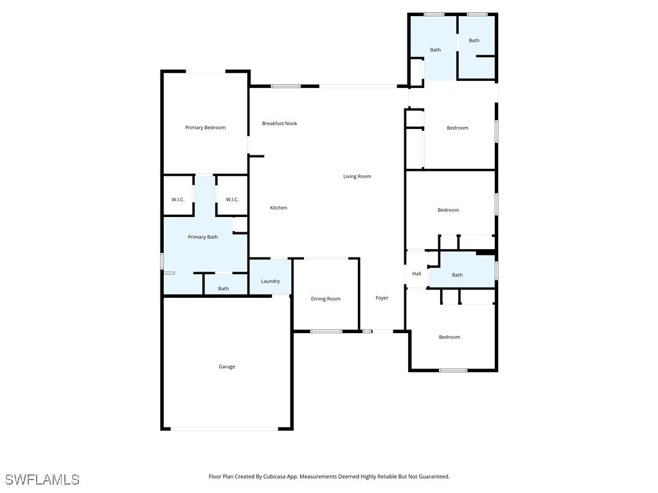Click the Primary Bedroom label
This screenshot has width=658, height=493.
tap(205, 128)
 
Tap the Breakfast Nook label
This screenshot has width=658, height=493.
tap(280, 123)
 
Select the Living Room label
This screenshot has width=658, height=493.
tap(357, 176)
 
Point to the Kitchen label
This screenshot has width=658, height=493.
tap(279, 207)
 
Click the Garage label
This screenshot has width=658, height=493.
tap(227, 367)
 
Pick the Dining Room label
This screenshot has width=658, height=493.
tap(326, 298)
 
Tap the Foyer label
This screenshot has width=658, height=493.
tap(382, 298)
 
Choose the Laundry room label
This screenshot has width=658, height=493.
tap(271, 281)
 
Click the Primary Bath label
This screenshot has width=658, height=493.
tap(202, 237)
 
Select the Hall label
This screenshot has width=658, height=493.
tap(416, 273)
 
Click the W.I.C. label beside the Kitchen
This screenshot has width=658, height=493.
tap(232, 199)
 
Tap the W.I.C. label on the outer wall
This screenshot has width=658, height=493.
tap(178, 199)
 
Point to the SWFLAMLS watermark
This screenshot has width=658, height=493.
tap(42, 479)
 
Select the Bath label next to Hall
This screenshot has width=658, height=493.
tap(458, 275)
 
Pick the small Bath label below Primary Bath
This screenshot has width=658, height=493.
tap(223, 288)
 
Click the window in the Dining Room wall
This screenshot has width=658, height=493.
tap(326, 331)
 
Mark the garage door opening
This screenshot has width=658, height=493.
tap(224, 428)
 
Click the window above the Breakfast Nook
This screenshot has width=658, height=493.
tap(285, 86)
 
